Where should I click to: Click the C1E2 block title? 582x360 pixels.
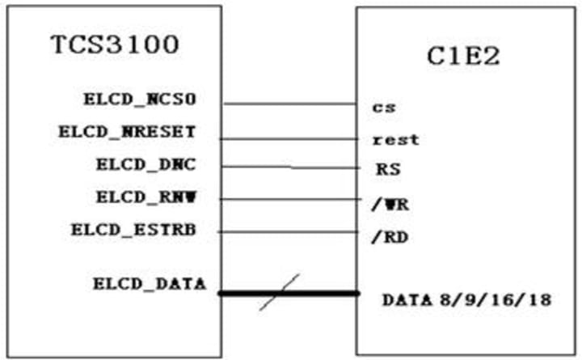(x=463, y=57)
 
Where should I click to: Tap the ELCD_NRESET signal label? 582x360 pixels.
(x=128, y=133)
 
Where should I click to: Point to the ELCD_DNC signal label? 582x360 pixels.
(x=145, y=166)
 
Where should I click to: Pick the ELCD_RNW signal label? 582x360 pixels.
(x=145, y=197)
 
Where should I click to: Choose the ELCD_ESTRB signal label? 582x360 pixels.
(x=133, y=230)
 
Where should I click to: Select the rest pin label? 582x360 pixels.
(x=396, y=139)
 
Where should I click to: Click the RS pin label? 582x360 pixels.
(x=386, y=171)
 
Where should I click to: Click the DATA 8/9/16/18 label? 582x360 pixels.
(x=466, y=300)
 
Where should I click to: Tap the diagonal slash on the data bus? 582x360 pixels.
(x=280, y=292)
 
